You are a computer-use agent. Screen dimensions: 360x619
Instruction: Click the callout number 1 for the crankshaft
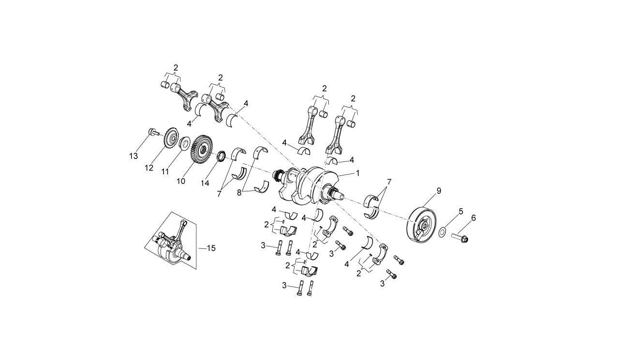tap(357, 173)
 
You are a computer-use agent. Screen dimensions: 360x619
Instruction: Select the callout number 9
tap(439, 191)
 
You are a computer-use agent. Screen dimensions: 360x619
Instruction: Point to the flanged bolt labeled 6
tap(461, 237)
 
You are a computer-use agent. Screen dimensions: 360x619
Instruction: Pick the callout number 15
tap(211, 248)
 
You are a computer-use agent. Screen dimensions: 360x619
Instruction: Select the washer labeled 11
tap(184, 144)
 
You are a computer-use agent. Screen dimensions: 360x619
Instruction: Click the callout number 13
tap(133, 156)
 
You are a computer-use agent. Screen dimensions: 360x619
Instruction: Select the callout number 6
tap(473, 218)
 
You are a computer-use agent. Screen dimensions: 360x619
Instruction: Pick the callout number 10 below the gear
tap(181, 181)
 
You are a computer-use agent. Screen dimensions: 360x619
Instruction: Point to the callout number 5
tap(460, 212)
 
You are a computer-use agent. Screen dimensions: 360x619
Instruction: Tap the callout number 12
tap(149, 168)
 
